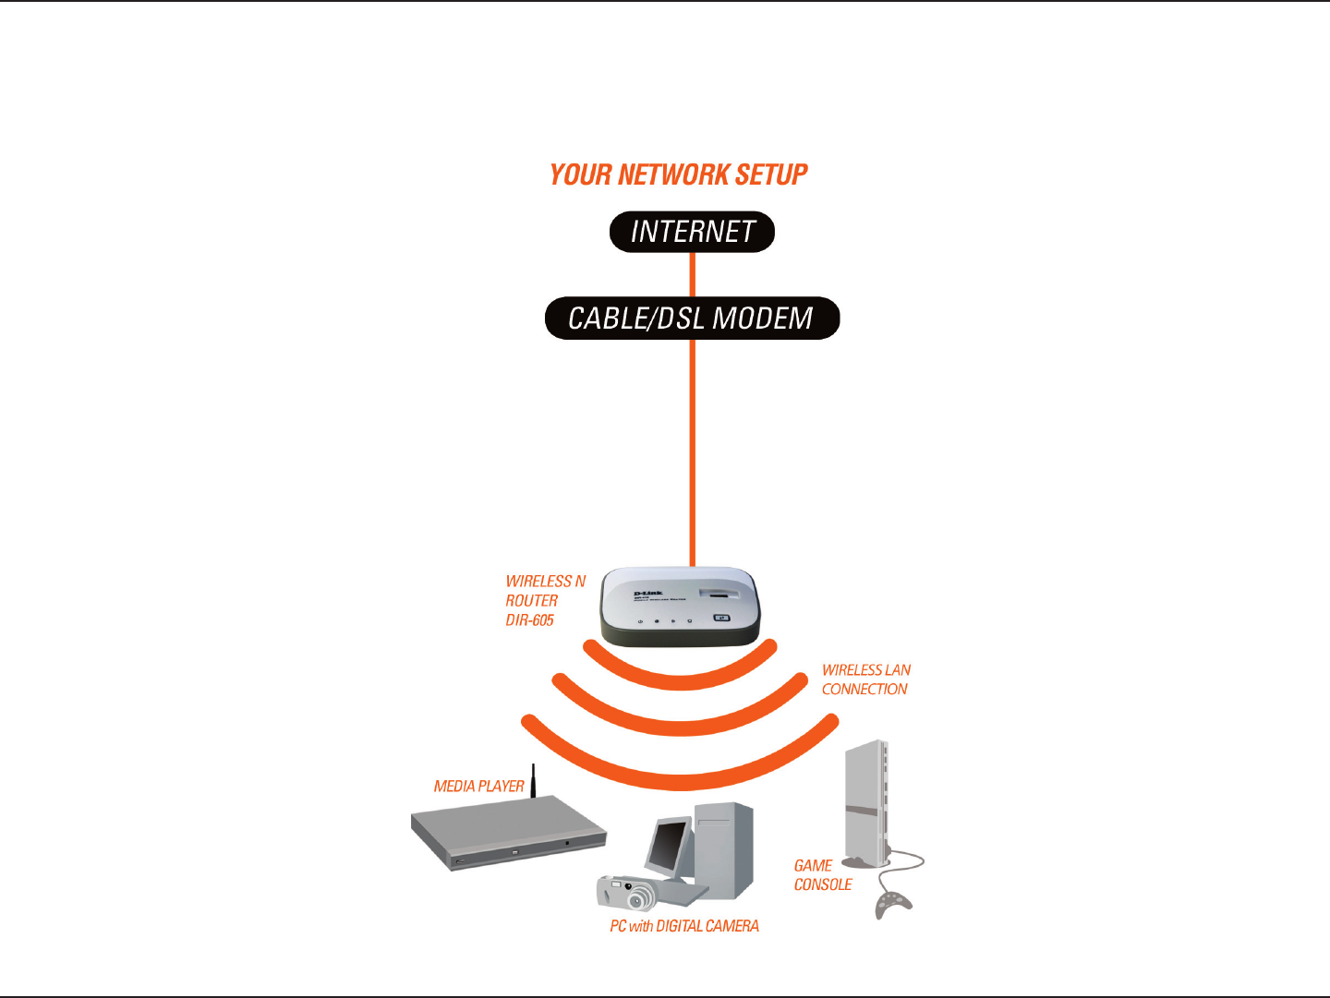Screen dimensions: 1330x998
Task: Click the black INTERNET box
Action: point(692,232)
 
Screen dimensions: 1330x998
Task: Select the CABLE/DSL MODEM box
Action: point(692,319)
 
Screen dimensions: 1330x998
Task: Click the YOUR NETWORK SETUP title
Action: point(678,174)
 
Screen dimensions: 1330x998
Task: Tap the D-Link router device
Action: point(681,607)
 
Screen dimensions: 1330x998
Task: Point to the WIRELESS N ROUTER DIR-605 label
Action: point(544,601)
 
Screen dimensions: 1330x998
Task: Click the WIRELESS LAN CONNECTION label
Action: point(865,679)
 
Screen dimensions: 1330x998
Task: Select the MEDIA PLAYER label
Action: point(478,787)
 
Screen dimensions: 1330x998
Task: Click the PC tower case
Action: point(726,849)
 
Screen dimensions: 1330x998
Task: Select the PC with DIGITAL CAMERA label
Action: point(684,926)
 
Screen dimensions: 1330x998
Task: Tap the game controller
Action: point(892,904)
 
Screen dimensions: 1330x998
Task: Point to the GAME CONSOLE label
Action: point(822,875)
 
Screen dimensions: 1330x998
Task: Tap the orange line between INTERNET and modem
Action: point(693,274)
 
